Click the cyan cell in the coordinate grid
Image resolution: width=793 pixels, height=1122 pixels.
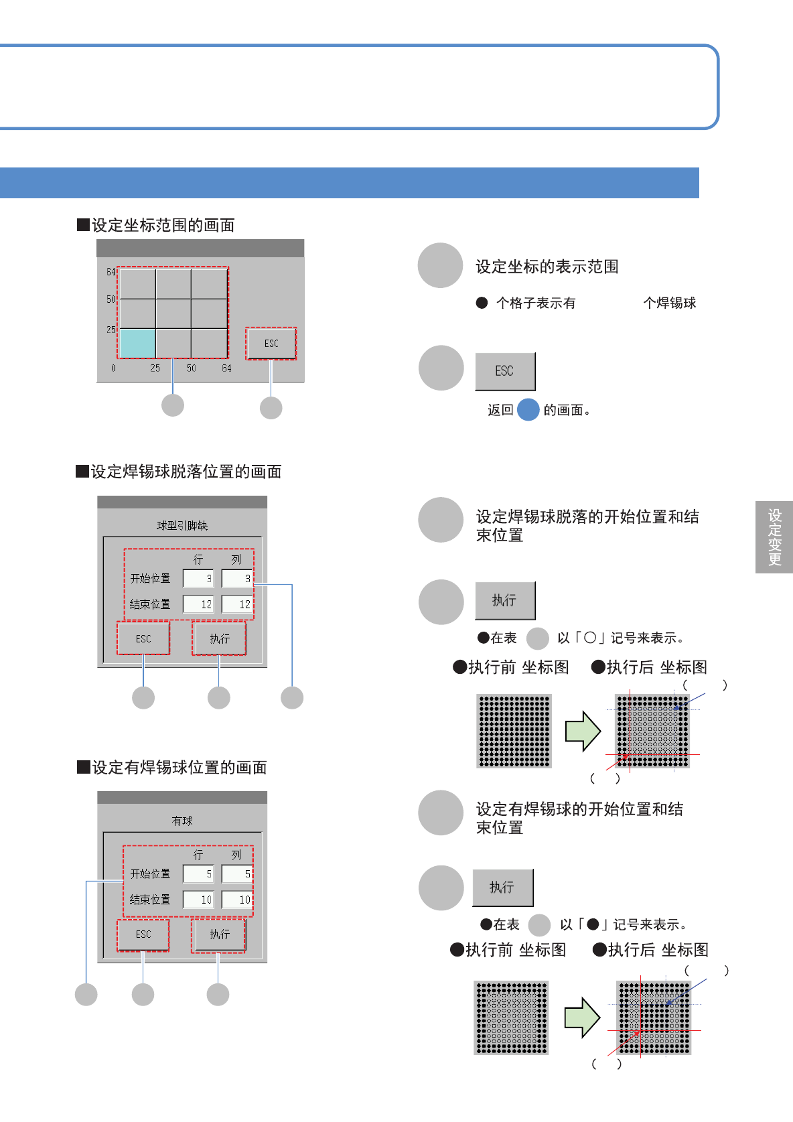tap(137, 343)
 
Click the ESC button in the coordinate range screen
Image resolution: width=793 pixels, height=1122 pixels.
tap(271, 343)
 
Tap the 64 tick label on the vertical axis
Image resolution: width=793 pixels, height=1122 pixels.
tap(111, 272)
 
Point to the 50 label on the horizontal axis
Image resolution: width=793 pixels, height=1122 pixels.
tap(192, 368)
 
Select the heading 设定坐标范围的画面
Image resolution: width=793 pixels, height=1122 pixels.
tap(163, 225)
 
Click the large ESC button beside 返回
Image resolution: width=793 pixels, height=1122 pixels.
tap(505, 371)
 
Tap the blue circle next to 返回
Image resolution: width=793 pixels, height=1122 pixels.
tap(528, 409)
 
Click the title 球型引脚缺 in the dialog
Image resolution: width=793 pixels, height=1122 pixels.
tap(182, 525)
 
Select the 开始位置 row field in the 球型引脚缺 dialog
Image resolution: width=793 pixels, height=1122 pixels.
tap(198, 578)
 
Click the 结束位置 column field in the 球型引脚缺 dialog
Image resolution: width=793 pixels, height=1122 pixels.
tap(237, 604)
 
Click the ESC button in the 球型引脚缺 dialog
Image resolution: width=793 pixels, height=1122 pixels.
tap(143, 638)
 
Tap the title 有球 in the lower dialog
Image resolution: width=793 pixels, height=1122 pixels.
tap(182, 821)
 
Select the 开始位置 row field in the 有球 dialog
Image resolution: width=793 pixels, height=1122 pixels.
tap(198, 873)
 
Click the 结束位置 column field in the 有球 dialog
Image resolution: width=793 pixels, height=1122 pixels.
tap(237, 900)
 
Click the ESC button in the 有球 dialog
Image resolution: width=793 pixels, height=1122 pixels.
tap(143, 934)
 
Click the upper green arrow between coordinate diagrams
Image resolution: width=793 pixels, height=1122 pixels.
tap(583, 731)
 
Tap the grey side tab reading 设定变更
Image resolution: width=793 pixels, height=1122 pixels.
tap(774, 537)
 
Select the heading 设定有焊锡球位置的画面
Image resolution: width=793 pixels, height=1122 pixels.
tap(179, 767)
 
